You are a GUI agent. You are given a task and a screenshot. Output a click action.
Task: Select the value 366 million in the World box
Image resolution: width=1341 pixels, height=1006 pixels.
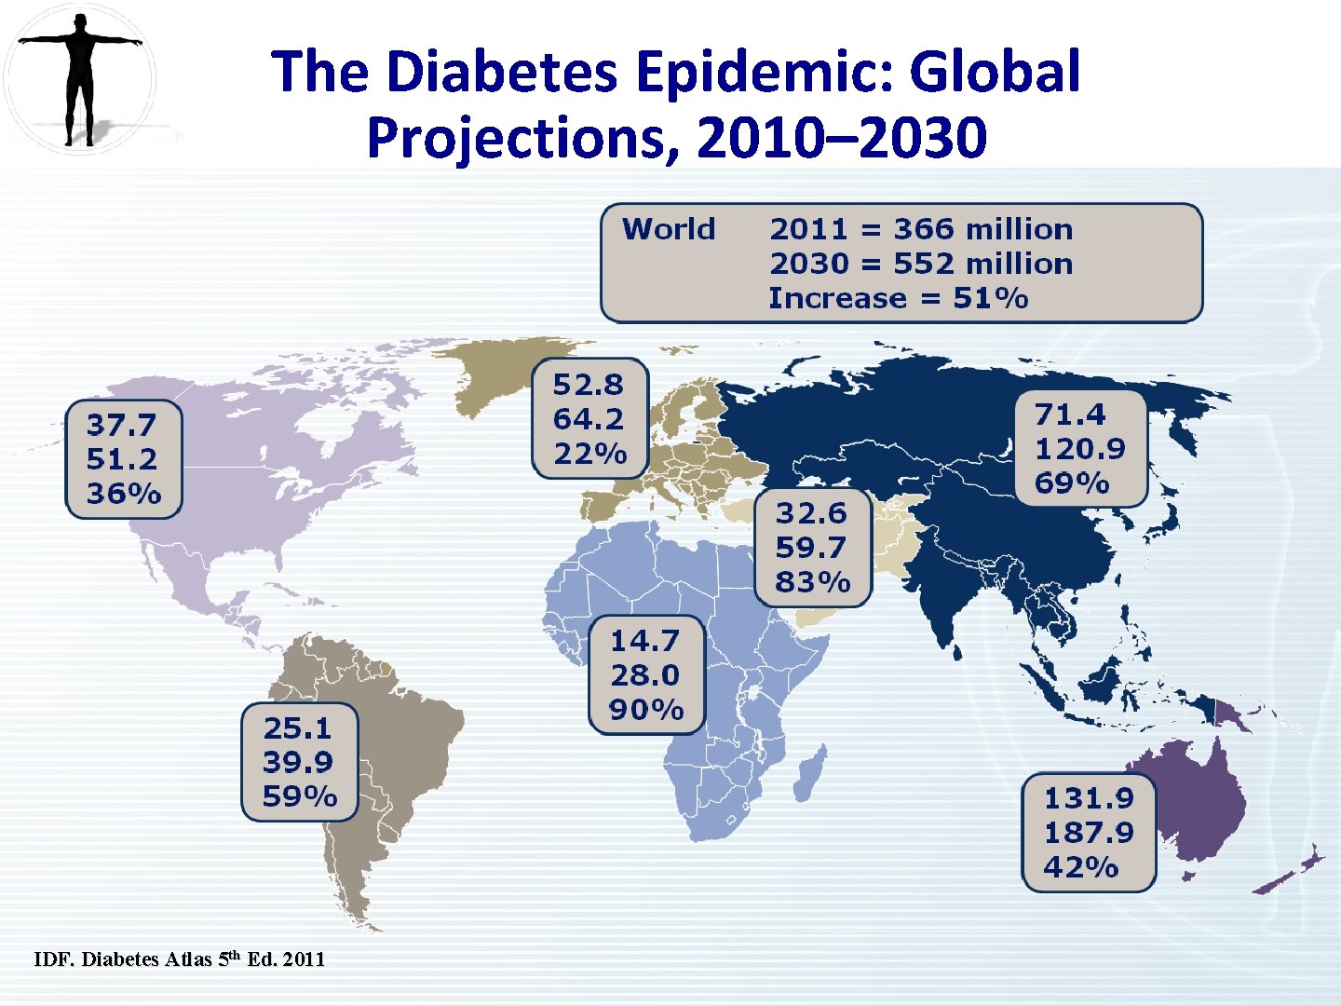(x=982, y=229)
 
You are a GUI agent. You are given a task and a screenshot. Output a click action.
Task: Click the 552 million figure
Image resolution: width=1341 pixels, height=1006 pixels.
(x=982, y=264)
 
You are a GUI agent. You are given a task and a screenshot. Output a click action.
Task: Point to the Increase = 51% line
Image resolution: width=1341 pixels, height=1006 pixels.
(x=898, y=299)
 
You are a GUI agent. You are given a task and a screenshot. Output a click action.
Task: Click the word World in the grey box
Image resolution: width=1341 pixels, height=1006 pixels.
(x=669, y=229)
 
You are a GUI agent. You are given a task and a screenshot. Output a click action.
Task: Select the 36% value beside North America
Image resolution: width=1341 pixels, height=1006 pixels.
(x=123, y=494)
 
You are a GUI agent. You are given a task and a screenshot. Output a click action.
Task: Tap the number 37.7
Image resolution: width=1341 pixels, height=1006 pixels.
(x=121, y=426)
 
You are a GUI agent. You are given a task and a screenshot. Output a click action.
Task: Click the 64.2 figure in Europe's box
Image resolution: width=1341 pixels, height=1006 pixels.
(x=588, y=419)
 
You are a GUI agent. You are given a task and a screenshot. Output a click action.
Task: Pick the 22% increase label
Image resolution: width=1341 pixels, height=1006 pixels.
(x=589, y=454)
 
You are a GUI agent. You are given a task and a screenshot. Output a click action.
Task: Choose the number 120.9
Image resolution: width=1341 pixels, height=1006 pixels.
(x=1079, y=449)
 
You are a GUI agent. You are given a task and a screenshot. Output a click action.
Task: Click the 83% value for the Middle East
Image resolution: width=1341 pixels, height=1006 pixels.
(x=812, y=582)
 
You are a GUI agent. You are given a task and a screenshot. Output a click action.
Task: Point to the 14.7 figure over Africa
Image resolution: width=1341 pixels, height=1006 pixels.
(x=644, y=641)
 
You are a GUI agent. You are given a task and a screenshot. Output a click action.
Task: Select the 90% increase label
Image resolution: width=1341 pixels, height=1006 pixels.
(x=645, y=710)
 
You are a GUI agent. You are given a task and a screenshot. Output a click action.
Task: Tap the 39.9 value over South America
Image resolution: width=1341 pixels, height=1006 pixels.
(x=297, y=762)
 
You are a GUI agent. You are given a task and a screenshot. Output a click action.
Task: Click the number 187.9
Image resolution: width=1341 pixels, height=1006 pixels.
(x=1088, y=833)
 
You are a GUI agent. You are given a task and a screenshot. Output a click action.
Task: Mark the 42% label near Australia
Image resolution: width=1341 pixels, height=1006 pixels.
(x=1080, y=867)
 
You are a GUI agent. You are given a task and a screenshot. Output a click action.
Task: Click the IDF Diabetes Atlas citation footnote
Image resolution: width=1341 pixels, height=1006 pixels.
(x=180, y=959)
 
